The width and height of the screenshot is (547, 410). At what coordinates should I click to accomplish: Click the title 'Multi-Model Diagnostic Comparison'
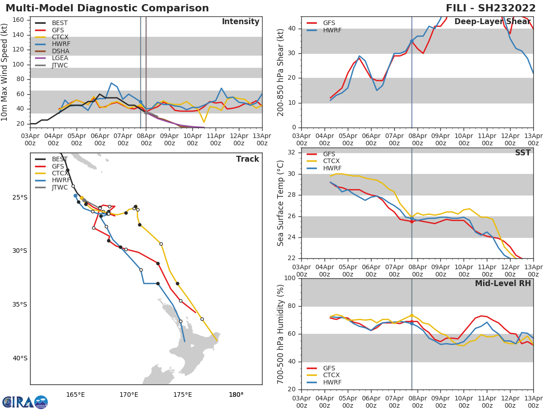click(107, 8)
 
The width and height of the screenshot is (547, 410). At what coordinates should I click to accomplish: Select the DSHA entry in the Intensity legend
click(60, 51)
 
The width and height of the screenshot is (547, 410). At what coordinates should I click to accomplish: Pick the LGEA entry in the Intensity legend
click(60, 58)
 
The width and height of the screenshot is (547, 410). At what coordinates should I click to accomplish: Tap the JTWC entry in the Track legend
click(60, 187)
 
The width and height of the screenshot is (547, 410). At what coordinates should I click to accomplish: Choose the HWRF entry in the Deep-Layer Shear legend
click(332, 30)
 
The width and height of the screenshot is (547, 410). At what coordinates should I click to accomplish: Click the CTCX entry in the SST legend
click(331, 161)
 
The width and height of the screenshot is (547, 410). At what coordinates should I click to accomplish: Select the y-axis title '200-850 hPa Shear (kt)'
click(281, 72)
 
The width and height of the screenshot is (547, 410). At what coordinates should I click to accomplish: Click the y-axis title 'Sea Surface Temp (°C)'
click(281, 203)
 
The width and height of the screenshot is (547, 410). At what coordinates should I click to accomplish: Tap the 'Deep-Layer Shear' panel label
click(492, 22)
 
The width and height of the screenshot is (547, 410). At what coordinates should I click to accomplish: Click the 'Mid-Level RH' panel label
click(503, 283)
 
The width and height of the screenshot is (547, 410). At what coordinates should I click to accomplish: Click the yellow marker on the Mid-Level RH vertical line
click(412, 315)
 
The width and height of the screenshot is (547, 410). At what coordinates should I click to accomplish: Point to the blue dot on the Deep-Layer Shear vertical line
click(412, 41)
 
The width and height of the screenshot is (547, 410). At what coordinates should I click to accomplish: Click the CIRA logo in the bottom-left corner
click(25, 402)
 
